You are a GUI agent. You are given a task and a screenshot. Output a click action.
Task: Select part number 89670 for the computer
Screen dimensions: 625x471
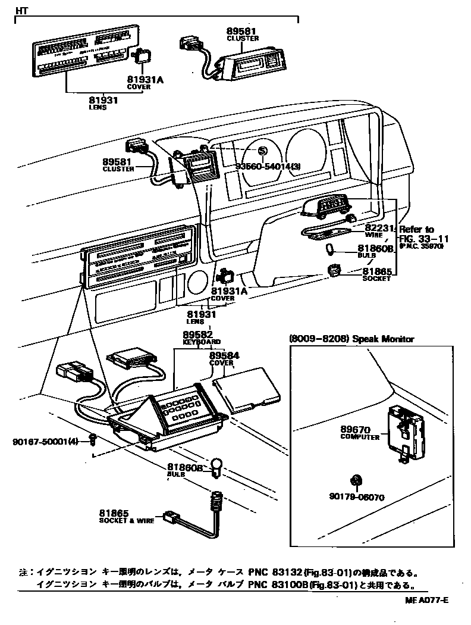[x=356, y=429]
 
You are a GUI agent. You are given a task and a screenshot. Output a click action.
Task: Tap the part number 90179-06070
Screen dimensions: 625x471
[x=356, y=496]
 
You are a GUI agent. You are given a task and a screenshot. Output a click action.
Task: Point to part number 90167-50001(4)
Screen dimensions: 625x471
[x=45, y=441]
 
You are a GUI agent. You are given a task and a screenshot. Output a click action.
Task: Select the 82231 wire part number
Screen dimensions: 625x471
[x=379, y=228]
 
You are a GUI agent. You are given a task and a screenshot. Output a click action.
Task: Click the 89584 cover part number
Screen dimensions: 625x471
[x=224, y=355]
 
